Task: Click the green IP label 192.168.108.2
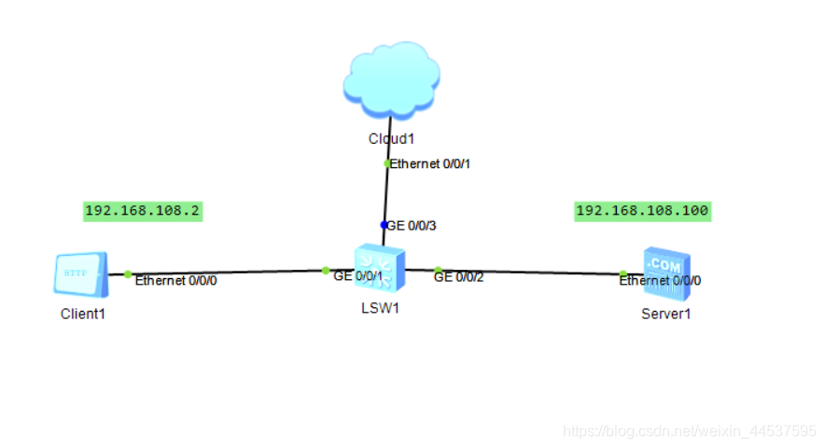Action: tap(143, 211)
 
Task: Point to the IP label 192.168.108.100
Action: tap(642, 211)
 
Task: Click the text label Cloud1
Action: tap(390, 139)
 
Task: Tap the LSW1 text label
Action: tap(380, 309)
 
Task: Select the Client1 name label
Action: tap(83, 314)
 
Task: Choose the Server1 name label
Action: tap(666, 314)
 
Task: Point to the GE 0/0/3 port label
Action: tap(412, 226)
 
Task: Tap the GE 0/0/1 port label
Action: tap(358, 277)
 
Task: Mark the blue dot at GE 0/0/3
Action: tap(384, 225)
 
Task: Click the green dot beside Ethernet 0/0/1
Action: tap(387, 163)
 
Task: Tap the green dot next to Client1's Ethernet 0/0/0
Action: tap(129, 274)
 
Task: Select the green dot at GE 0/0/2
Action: tap(438, 271)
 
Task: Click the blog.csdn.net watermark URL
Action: tap(691, 431)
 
